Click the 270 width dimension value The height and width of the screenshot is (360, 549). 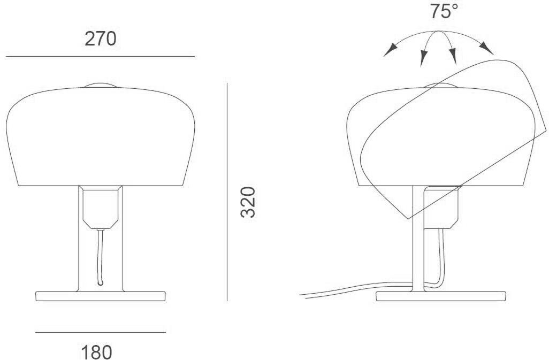pyautogui.click(x=101, y=39)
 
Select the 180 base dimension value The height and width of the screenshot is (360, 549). pyautogui.click(x=97, y=352)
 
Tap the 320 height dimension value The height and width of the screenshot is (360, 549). pyautogui.click(x=247, y=202)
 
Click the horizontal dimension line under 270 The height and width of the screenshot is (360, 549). pyautogui.click(x=100, y=56)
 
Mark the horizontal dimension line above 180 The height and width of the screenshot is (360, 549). pyautogui.click(x=100, y=332)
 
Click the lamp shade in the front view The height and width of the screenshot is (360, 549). pyautogui.click(x=100, y=139)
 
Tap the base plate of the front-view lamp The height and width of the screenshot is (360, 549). pyautogui.click(x=100, y=296)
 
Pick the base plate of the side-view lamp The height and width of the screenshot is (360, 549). pyautogui.click(x=441, y=296)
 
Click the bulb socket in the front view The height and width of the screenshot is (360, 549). pyautogui.click(x=100, y=206)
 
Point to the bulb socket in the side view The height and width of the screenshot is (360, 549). pyautogui.click(x=441, y=206)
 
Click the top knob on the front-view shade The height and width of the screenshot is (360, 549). pyautogui.click(x=100, y=85)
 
